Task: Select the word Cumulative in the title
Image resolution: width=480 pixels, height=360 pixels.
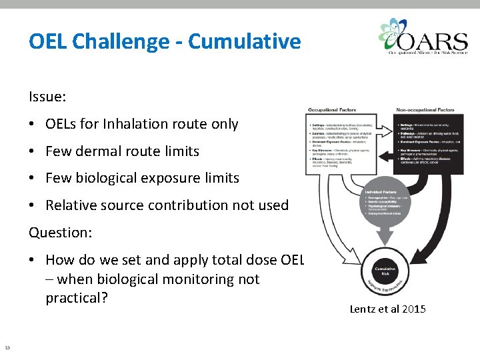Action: [245, 42]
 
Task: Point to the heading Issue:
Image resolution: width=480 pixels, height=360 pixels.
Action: [47, 97]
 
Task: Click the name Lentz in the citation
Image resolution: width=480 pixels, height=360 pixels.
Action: [365, 309]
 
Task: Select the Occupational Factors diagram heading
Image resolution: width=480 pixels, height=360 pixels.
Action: [331, 110]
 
